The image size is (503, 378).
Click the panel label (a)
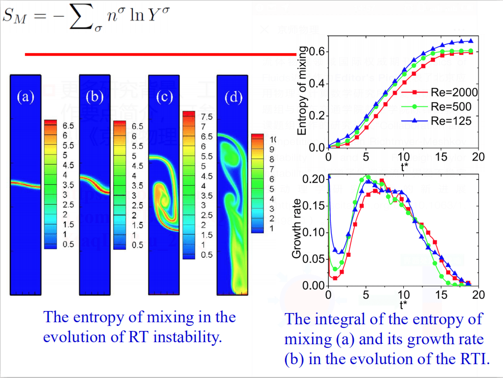pyautogui.click(x=26, y=97)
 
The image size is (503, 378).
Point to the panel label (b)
pyautogui.click(x=95, y=97)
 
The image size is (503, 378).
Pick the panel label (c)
pyautogui.click(x=164, y=97)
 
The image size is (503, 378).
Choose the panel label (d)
pyautogui.click(x=233, y=97)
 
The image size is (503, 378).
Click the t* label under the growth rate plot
pyautogui.click(x=404, y=305)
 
